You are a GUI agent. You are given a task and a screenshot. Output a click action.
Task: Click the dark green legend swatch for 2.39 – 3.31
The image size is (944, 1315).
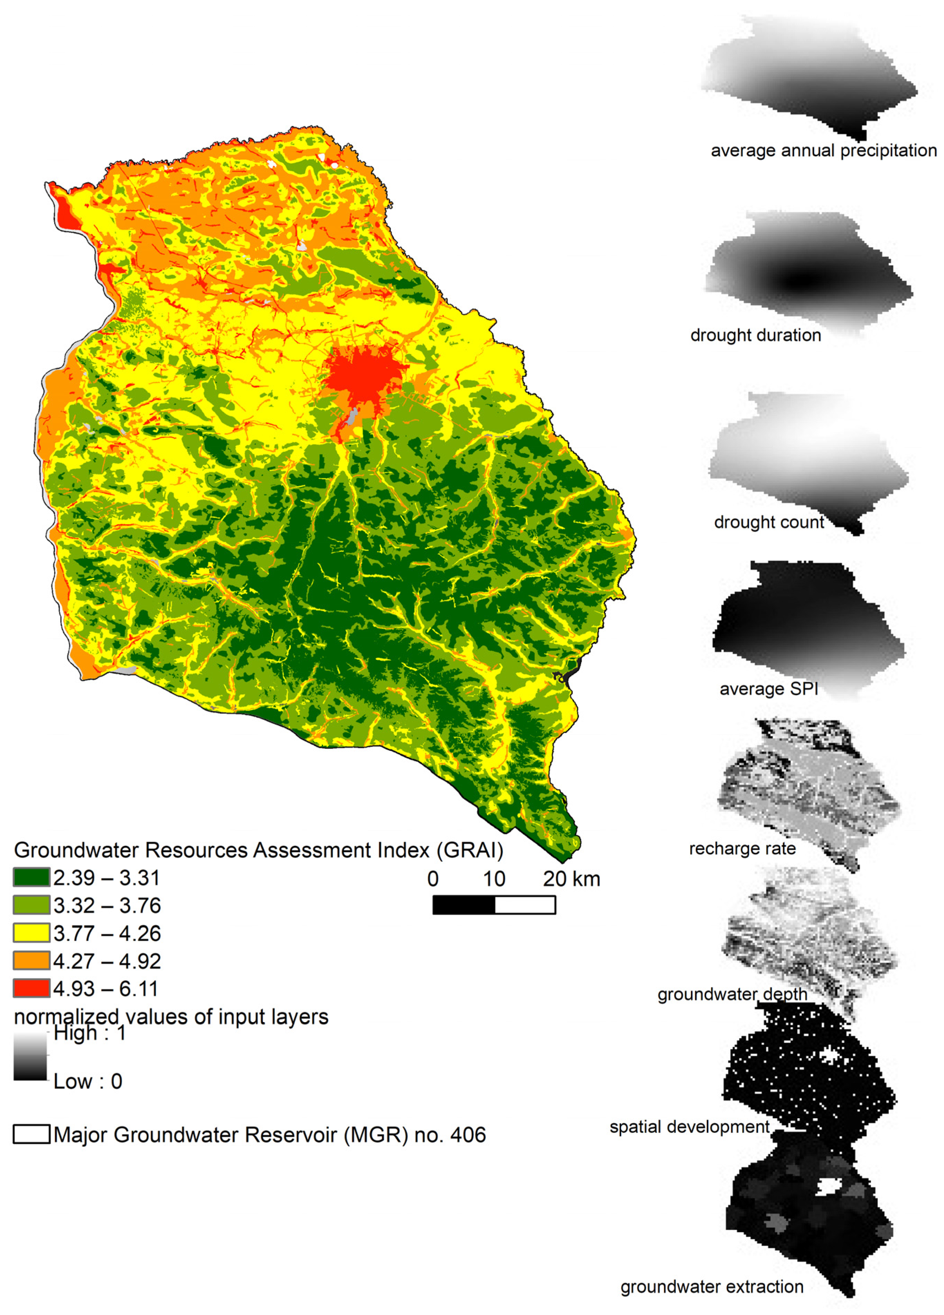pyautogui.click(x=31, y=878)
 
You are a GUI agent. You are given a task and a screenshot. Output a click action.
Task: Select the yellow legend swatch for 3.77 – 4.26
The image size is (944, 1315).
pyautogui.click(x=31, y=933)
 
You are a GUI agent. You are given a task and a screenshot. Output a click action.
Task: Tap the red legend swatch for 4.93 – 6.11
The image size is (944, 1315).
pyautogui.click(x=31, y=989)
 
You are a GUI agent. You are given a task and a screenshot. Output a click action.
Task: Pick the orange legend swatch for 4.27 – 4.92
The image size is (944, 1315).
pyautogui.click(x=31, y=961)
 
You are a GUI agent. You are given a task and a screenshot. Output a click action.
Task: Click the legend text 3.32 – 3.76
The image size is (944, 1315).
pyautogui.click(x=107, y=906)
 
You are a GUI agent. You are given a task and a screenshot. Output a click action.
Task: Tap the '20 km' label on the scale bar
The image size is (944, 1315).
pyautogui.click(x=571, y=879)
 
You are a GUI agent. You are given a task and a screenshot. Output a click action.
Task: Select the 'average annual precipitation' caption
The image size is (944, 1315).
pyautogui.click(x=823, y=151)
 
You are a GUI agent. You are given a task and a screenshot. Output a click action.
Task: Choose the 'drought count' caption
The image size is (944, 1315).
pyautogui.click(x=768, y=522)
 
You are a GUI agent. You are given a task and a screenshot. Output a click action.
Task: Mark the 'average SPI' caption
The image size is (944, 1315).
pyautogui.click(x=768, y=689)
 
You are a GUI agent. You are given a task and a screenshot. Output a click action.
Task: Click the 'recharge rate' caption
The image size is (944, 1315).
pyautogui.click(x=742, y=849)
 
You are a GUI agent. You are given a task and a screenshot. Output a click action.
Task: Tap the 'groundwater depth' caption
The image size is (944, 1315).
pyautogui.click(x=732, y=994)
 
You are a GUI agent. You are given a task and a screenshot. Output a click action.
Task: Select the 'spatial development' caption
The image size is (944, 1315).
pyautogui.click(x=689, y=1127)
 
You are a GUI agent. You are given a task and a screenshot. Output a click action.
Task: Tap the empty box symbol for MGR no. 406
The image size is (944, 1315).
pyautogui.click(x=31, y=1135)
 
